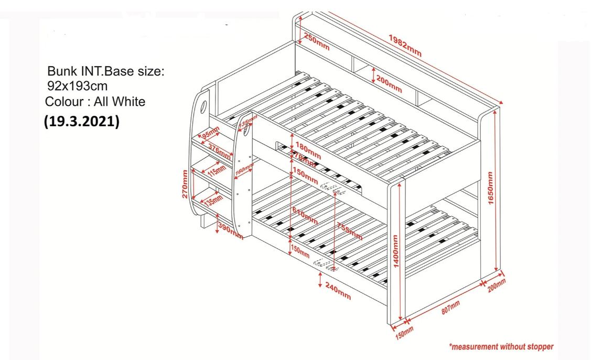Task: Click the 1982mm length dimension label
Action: (405, 45)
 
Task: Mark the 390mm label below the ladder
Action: (230, 231)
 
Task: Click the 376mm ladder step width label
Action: (219, 150)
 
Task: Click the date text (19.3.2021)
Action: (81, 122)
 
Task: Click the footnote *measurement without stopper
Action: (501, 346)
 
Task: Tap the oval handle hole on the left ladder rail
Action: (203, 108)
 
